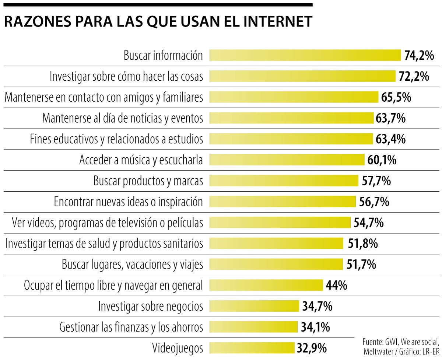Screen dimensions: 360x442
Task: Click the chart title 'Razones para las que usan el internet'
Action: click(x=158, y=22)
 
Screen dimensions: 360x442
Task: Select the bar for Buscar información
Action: click(x=305, y=55)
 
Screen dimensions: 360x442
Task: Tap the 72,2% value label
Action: click(x=414, y=76)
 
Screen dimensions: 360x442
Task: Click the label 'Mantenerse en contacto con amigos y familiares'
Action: click(x=104, y=97)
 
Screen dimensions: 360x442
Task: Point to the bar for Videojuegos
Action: click(x=252, y=348)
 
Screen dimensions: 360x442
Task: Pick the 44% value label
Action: click(x=336, y=285)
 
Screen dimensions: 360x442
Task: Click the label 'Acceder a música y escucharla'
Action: click(x=141, y=160)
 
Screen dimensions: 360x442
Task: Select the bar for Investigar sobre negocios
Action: click(x=254, y=306)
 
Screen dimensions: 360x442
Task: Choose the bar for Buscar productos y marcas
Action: click(x=284, y=181)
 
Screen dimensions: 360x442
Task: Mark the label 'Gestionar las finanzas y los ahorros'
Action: click(x=131, y=327)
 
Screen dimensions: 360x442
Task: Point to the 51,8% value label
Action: click(x=362, y=244)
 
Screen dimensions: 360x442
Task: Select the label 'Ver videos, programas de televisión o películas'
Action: click(x=107, y=223)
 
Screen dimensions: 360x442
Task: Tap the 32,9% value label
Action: click(x=311, y=348)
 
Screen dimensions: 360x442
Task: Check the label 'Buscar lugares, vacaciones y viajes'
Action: click(x=132, y=264)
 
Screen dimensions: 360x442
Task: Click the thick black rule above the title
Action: click(x=158, y=5)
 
